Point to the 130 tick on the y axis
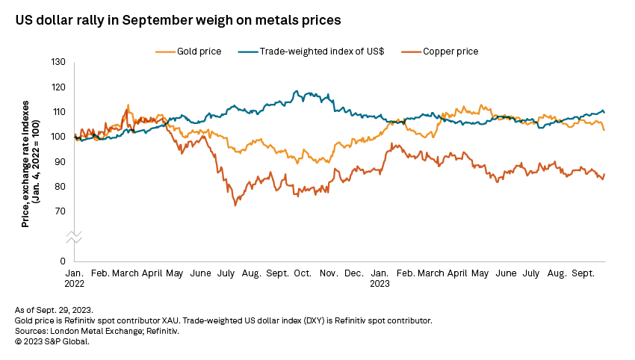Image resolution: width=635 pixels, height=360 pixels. pyautogui.click(x=58, y=62)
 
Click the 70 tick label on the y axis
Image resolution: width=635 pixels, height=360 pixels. pyautogui.click(x=60, y=211)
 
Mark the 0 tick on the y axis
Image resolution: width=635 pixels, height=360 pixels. pyautogui.click(x=63, y=261)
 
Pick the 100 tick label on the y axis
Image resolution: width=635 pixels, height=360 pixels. pyautogui.click(x=58, y=137)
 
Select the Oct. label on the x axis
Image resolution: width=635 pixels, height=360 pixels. pyautogui.click(x=303, y=274)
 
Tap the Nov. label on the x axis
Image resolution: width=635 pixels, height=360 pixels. pyautogui.click(x=329, y=274)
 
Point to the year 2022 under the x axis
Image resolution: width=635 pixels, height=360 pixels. pyautogui.click(x=75, y=284)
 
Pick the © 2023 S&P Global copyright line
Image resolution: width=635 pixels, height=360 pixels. pyautogui.click(x=52, y=341)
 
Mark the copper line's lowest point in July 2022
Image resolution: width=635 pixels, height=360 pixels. pyautogui.click(x=236, y=204)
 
